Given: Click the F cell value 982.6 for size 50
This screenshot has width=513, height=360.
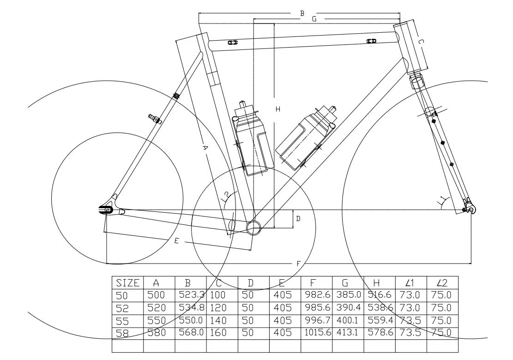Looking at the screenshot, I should (x=316, y=295).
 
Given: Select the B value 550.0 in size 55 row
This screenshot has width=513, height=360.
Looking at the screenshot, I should (x=191, y=320).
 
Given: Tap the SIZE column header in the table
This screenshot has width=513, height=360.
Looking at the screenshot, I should (x=127, y=283).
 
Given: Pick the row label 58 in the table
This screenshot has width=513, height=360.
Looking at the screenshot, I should (x=122, y=332).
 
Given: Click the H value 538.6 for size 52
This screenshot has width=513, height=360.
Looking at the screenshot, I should (x=380, y=307).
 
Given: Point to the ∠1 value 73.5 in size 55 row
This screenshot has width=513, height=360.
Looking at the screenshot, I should (x=410, y=320).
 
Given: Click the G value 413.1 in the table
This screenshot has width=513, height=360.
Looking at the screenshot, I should (x=348, y=332).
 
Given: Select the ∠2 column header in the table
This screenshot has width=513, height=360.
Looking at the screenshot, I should (x=442, y=283).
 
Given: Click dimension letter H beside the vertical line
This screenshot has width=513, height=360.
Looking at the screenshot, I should (x=278, y=109).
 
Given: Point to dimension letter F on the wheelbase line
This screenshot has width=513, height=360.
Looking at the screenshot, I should (x=298, y=264).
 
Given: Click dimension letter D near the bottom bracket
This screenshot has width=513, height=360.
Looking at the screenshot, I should (x=298, y=218).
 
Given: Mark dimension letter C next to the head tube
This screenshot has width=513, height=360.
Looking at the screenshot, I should (x=421, y=42).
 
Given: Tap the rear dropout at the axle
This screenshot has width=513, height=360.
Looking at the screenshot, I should (x=107, y=210).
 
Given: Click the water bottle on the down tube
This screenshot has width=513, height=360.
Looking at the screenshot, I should (x=304, y=137).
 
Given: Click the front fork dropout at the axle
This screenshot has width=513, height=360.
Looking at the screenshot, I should (x=469, y=210).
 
